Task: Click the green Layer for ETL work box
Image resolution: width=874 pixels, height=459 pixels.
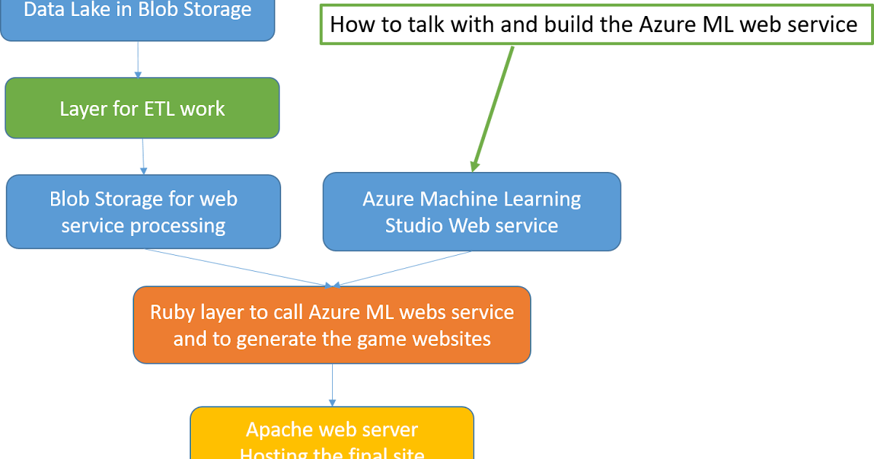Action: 142,108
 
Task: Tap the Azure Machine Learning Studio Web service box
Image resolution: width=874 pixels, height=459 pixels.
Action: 471,212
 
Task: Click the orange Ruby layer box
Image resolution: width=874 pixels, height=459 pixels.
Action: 331,325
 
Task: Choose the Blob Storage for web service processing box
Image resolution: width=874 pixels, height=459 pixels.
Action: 143,212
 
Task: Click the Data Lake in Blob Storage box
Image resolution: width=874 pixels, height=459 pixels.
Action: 137,16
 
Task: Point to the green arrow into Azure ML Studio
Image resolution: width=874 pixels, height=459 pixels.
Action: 493,109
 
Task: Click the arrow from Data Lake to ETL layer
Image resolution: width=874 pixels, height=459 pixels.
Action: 138,59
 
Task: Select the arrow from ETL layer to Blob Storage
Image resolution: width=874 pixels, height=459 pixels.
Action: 143,156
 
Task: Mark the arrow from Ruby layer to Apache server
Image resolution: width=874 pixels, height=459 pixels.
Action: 332,384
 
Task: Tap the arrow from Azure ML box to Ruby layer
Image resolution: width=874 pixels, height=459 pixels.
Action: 404,269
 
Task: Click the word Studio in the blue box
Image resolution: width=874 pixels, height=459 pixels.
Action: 414,225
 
